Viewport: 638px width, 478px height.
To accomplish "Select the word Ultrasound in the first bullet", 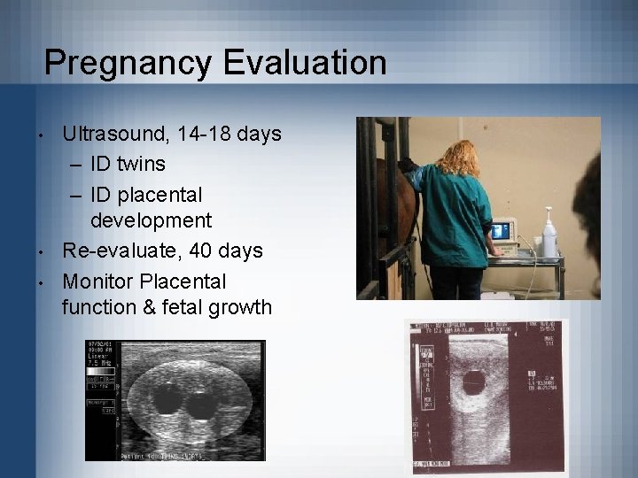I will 116,135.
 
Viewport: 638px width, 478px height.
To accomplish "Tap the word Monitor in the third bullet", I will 99,281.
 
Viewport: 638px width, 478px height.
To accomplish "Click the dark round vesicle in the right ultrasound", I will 475,382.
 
